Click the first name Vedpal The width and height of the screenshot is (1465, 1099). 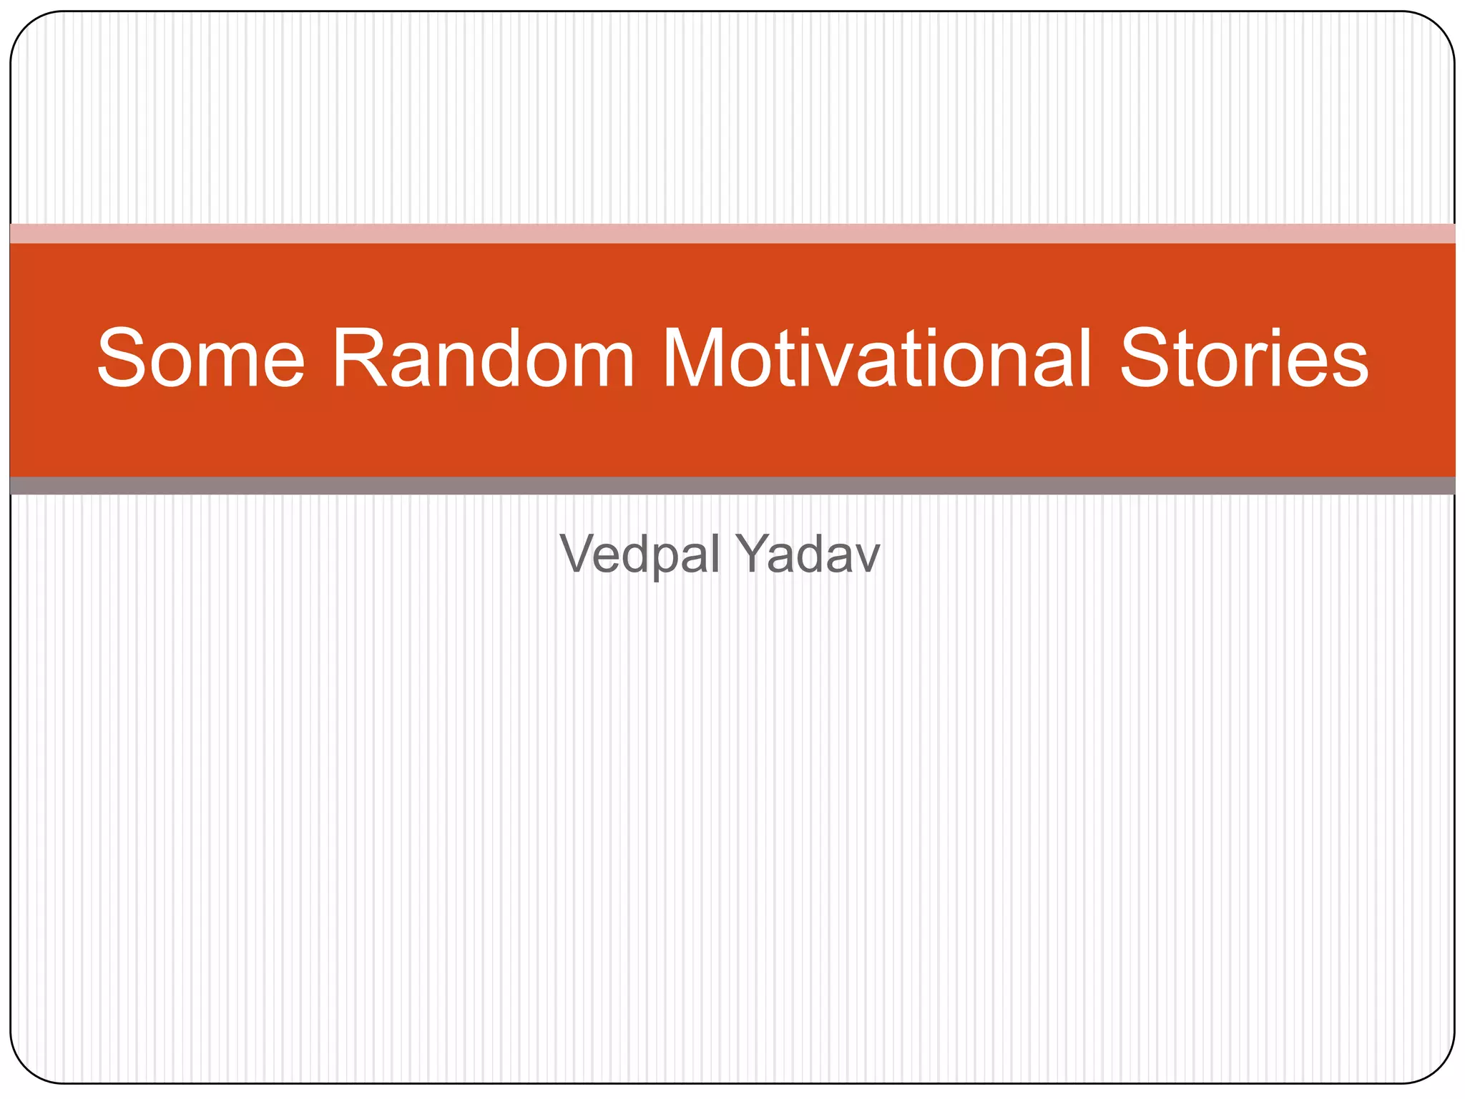640,555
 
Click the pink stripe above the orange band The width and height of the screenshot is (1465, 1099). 732,233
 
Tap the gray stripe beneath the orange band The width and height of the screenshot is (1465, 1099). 732,486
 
